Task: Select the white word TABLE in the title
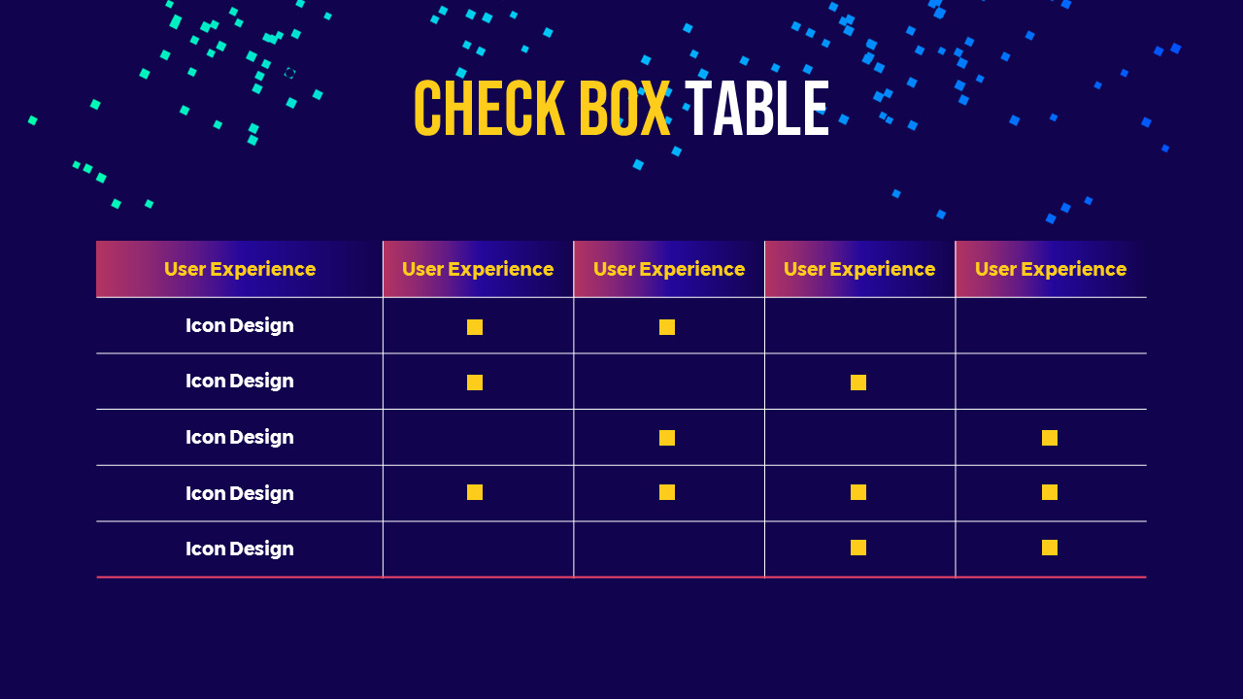(x=757, y=109)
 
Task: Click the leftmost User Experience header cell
(x=240, y=269)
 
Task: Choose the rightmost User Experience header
(x=1051, y=269)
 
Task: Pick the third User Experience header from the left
(x=669, y=269)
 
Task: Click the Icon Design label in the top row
(x=240, y=325)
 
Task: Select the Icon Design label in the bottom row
(x=240, y=549)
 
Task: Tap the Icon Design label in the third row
(x=240, y=437)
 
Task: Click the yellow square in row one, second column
(x=475, y=327)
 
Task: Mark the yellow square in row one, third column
(x=667, y=327)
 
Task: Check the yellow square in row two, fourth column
(x=858, y=383)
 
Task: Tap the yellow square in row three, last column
(x=1050, y=438)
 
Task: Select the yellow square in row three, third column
(x=667, y=438)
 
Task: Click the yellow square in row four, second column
(x=475, y=492)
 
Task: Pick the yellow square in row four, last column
(x=1050, y=492)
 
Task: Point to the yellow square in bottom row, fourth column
(x=858, y=548)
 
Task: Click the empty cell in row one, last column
(x=1051, y=326)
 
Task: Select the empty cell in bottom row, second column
(x=478, y=549)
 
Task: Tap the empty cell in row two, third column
(x=669, y=382)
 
